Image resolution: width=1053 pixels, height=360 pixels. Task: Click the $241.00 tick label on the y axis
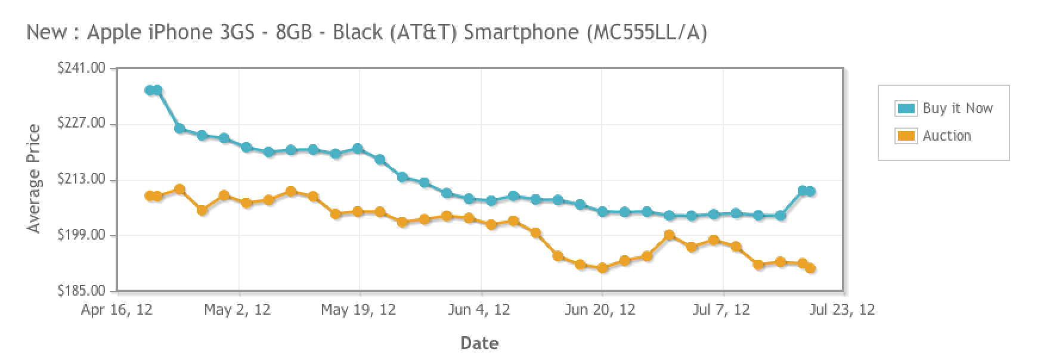[x=81, y=69]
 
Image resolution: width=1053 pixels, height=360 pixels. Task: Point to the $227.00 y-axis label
[x=81, y=124]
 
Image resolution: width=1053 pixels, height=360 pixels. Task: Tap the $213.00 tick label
[x=81, y=179]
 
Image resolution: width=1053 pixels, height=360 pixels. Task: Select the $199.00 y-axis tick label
[x=81, y=235]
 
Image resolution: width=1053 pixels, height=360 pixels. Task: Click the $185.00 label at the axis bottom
[x=81, y=291]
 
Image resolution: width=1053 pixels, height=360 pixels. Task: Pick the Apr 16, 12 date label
[x=117, y=310]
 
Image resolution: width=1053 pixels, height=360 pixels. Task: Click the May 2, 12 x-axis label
[x=237, y=310]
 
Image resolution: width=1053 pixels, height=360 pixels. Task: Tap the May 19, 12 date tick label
[x=358, y=310]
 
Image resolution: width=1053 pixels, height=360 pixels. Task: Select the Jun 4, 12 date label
[x=479, y=310]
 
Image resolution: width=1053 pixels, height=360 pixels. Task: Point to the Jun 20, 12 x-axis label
[x=600, y=310]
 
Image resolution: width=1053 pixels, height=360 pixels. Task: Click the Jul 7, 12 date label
[x=721, y=310]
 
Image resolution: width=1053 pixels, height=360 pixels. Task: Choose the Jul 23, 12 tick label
[x=843, y=310]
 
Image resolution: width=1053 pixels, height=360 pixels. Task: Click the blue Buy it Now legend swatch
[x=906, y=108]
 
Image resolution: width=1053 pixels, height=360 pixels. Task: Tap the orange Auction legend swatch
[x=906, y=136]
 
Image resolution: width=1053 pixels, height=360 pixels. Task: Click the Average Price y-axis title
[x=34, y=179]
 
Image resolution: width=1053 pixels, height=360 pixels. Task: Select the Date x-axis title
[x=479, y=343]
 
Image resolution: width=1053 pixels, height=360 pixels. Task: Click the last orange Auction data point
[x=810, y=268]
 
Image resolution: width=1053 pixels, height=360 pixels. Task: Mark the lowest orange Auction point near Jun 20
[x=602, y=268]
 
